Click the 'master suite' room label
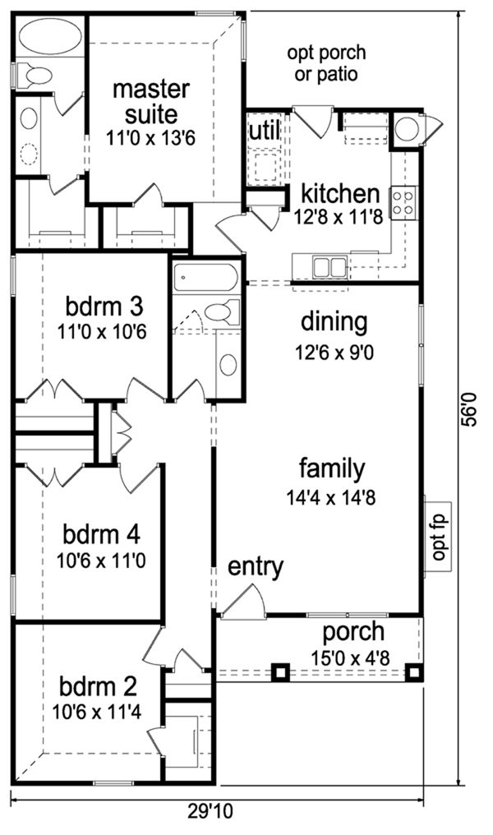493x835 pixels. tap(151, 102)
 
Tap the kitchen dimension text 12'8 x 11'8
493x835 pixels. tap(339, 217)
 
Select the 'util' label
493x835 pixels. tap(264, 130)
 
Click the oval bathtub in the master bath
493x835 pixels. tap(50, 37)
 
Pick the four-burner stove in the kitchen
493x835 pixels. tap(403, 202)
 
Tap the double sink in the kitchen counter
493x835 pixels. tap(330, 267)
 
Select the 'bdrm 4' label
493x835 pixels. tap(102, 534)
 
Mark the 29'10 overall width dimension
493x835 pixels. tap(210, 811)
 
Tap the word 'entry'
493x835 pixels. tap(256, 568)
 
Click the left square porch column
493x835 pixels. tap(280, 672)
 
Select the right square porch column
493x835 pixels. tap(413, 672)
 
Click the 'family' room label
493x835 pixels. tap(332, 469)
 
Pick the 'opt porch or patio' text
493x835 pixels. tap(327, 62)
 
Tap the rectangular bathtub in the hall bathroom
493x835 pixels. tap(205, 278)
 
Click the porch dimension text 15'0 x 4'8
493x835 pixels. tap(351, 657)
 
